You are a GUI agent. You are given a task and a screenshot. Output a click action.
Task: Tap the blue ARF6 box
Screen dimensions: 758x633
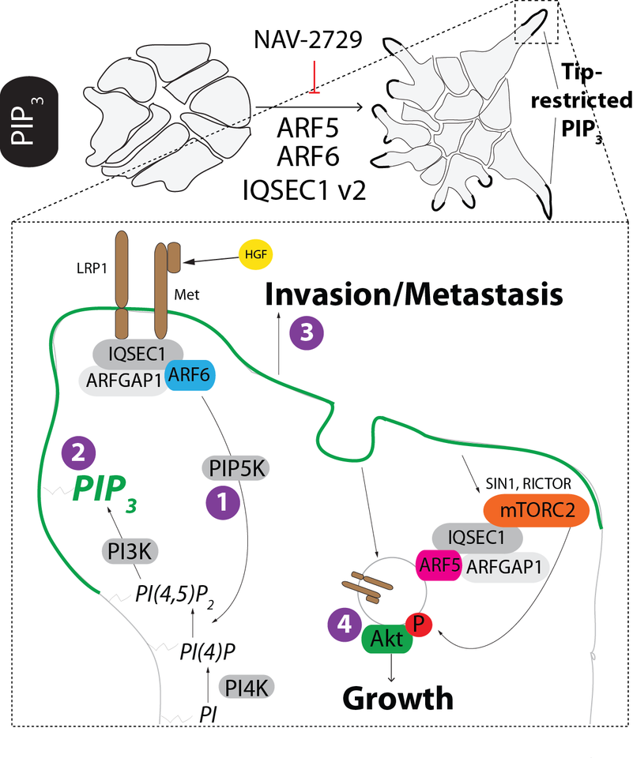point(190,378)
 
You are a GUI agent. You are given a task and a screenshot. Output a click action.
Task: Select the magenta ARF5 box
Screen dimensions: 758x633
point(439,565)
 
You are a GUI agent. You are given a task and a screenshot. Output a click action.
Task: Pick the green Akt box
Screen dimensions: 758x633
point(387,639)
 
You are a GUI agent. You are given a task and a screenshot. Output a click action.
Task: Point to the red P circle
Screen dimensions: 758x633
point(421,623)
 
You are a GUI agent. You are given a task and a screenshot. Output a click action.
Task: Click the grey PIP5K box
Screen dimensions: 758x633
point(235,468)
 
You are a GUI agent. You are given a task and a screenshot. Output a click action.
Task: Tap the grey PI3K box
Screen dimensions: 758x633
point(127,550)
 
